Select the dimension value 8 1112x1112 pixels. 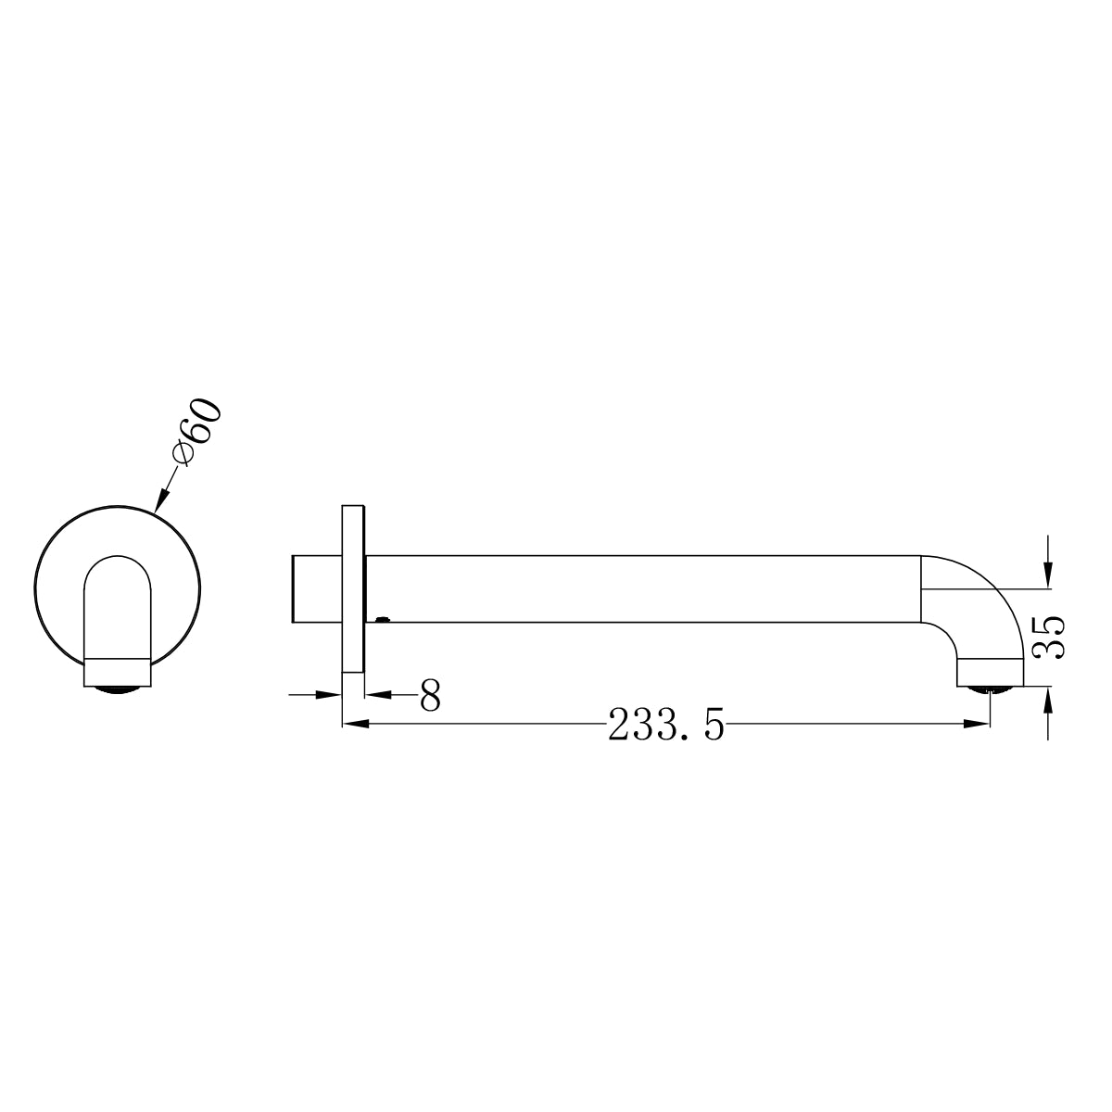[429, 696]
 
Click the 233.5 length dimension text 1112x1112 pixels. [665, 726]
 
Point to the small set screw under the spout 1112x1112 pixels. [383, 618]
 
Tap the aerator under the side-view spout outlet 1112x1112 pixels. [990, 689]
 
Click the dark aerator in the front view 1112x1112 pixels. [116, 689]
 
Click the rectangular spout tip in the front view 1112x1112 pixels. [116, 673]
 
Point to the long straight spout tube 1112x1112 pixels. [639, 589]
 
